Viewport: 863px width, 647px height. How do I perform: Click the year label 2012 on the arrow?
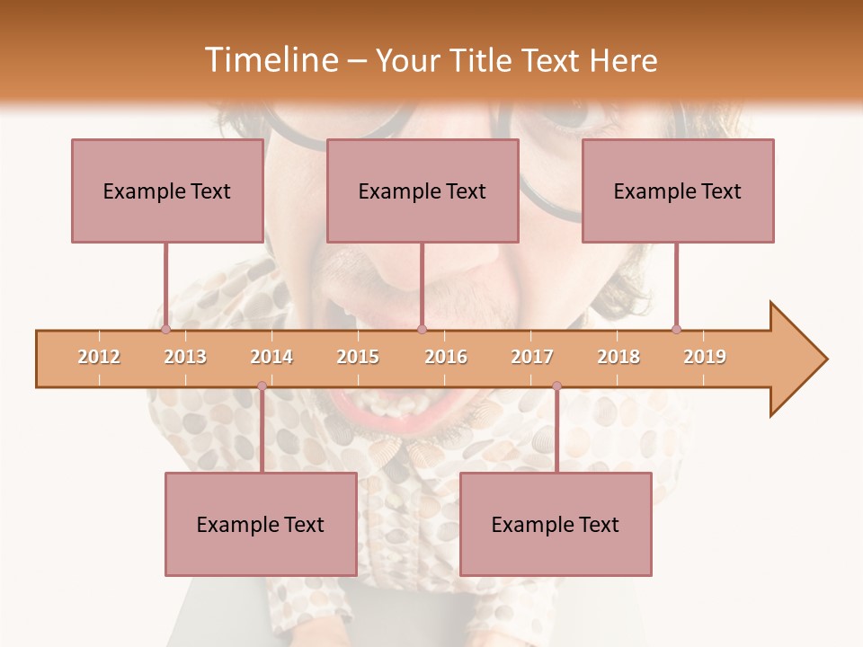[99, 357]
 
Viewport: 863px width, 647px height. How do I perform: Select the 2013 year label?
[185, 357]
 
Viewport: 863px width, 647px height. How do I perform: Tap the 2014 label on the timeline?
[271, 357]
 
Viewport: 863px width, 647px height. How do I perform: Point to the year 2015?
[358, 357]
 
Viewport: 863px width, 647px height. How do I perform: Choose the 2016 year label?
[446, 357]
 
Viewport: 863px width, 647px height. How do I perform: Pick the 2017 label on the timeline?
[532, 357]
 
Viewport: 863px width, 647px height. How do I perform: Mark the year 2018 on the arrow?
[618, 357]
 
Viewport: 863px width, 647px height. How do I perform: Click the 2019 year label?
[705, 357]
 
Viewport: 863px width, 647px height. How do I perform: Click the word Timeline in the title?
[270, 60]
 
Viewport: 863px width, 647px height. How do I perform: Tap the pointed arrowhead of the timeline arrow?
[800, 359]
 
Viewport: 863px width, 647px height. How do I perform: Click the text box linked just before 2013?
[167, 191]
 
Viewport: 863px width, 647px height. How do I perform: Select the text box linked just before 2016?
[423, 191]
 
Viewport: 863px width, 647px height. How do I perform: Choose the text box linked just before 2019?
[678, 191]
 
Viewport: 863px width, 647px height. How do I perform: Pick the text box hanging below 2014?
[261, 524]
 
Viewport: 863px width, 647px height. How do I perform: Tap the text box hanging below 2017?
[556, 524]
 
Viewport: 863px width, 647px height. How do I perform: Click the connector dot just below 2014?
[262, 386]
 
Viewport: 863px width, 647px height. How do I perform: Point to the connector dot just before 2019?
[676, 329]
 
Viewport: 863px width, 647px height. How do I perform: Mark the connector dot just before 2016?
[422, 329]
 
